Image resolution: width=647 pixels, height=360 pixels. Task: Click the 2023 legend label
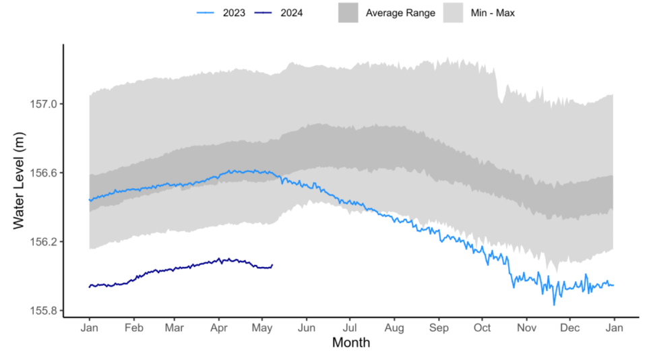pos(234,12)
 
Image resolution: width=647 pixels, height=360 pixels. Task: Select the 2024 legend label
pos(291,12)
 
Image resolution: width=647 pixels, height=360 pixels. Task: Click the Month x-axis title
pos(350,343)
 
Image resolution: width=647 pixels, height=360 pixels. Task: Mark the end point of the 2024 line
pos(272,265)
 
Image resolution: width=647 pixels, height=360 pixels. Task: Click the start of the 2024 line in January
pos(90,287)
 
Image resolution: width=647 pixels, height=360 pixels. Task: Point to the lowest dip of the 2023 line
pos(555,305)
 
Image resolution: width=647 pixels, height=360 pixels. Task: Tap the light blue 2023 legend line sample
pos(206,12)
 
